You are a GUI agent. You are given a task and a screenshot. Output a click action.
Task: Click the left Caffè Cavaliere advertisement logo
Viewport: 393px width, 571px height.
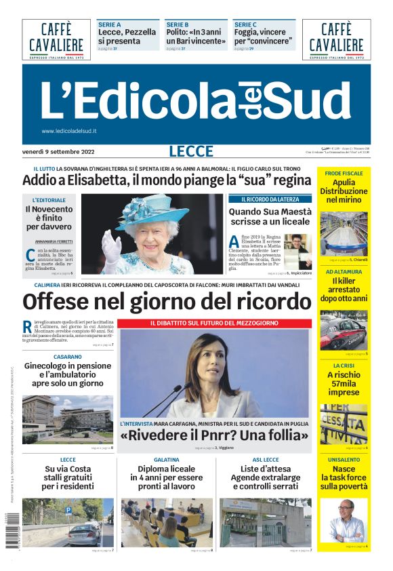tap(56, 39)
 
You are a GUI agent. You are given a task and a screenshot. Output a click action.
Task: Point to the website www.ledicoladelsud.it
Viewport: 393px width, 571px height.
tap(69, 131)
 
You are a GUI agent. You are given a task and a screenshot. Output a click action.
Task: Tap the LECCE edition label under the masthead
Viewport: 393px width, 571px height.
tap(191, 151)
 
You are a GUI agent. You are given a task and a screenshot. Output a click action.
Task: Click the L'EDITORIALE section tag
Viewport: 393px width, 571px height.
tap(49, 200)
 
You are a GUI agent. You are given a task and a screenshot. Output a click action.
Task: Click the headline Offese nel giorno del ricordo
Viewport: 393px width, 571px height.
tap(167, 300)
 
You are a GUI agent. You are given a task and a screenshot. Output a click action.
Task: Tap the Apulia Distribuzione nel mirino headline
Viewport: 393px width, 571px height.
tap(344, 191)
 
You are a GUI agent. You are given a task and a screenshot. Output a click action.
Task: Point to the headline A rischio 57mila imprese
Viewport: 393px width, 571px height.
tap(344, 383)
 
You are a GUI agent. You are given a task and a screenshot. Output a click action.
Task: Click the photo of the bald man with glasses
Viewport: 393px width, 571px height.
tap(346, 519)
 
